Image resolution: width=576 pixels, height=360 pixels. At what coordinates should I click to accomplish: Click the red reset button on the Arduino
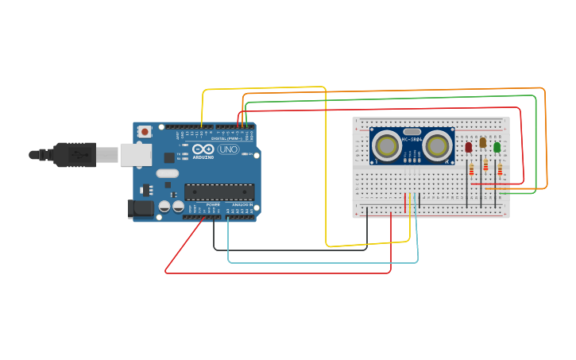coord(145,132)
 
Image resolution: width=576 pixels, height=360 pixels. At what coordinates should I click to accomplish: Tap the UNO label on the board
coord(228,149)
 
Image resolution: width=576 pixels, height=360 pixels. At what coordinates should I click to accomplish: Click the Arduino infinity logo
coord(203,149)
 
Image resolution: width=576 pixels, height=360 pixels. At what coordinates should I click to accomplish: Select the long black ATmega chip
coord(219,192)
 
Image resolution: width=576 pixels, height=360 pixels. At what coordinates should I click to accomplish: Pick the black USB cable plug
coord(75,154)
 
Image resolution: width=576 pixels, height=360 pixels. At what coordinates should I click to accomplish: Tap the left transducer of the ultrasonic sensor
coord(387,145)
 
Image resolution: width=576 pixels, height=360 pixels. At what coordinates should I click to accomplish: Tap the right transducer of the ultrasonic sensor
coord(438,145)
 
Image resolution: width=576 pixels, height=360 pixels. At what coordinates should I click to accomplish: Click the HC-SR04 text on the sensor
coord(412,141)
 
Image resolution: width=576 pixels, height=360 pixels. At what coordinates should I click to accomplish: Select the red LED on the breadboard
coord(469,147)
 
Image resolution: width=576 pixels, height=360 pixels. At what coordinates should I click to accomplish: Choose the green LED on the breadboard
coord(497,147)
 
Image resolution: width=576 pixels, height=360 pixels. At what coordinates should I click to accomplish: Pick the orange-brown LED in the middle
coord(482,142)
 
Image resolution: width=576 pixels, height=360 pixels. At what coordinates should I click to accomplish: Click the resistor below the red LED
coord(472,168)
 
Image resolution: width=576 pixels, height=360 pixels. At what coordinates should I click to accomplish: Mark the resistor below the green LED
coord(500,168)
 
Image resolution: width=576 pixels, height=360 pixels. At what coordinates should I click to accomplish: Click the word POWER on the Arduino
coord(213,205)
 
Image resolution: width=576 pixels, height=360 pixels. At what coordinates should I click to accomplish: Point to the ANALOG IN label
coord(242,205)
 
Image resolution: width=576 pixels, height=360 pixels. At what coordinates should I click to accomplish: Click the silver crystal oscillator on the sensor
coord(412,132)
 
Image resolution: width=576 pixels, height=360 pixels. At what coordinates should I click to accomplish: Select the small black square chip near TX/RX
coord(169,158)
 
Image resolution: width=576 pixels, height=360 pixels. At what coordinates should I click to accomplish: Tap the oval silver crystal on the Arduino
coord(168,173)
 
